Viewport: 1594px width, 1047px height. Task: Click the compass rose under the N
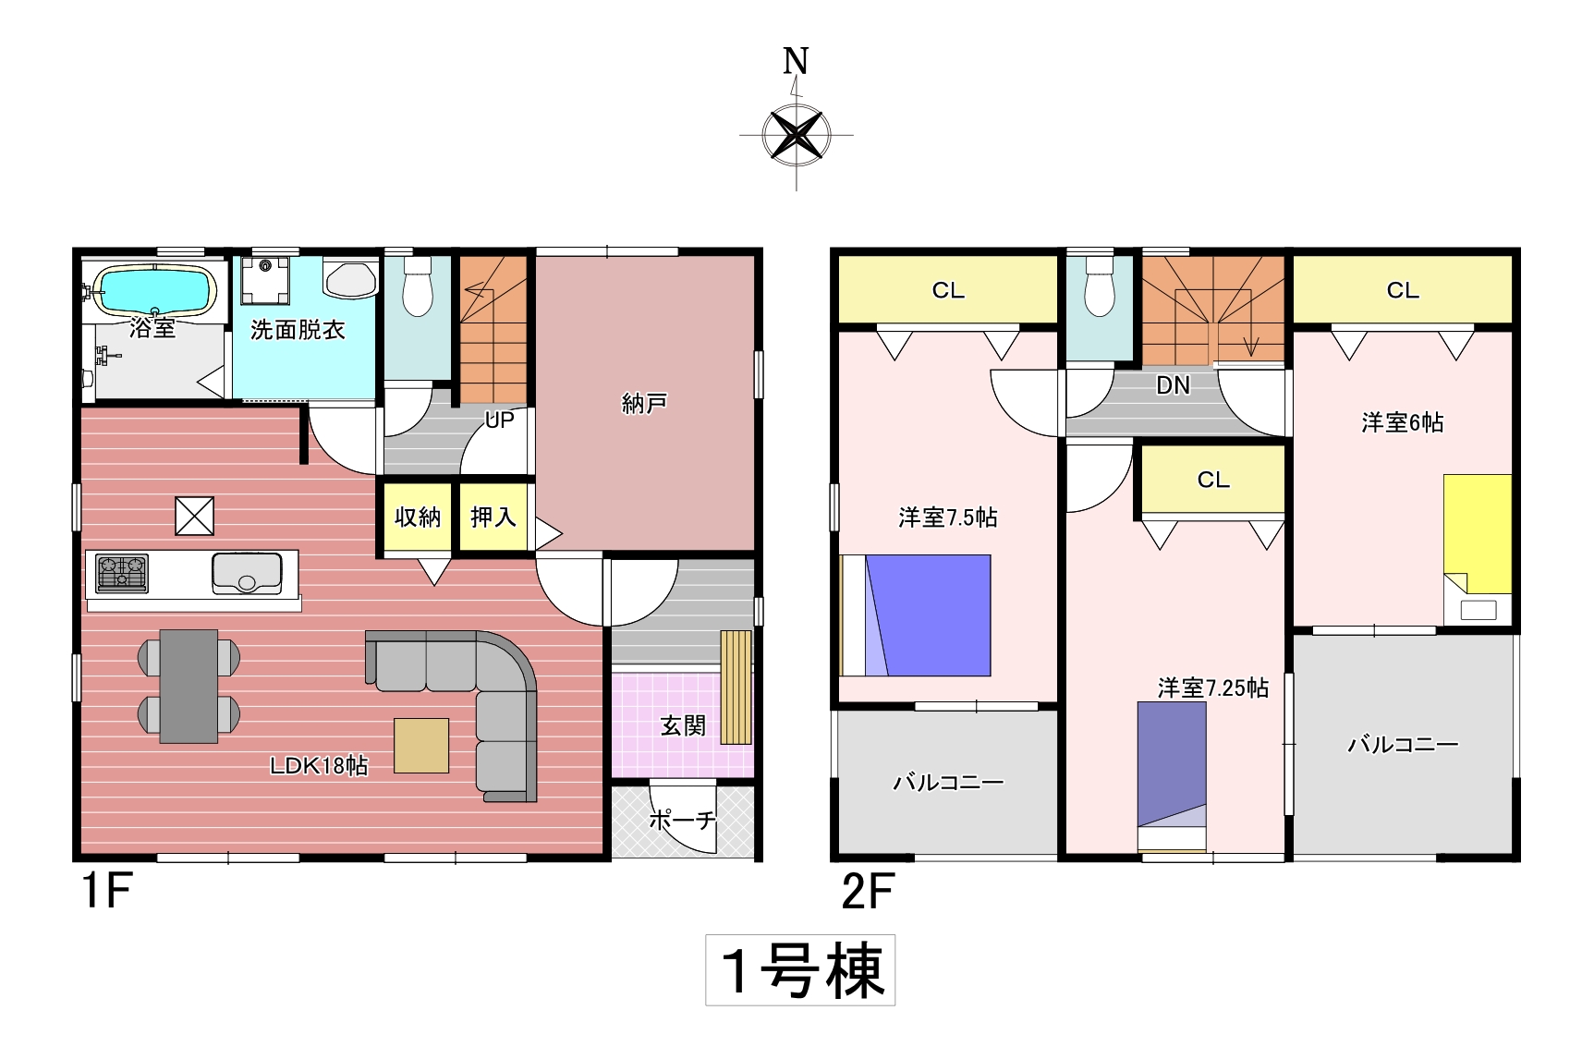pyautogui.click(x=796, y=134)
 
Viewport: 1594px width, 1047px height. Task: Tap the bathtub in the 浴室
pyautogui.click(x=155, y=290)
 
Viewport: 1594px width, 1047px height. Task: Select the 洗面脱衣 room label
pyautogui.click(x=298, y=330)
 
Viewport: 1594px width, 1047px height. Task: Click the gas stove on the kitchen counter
pyautogui.click(x=122, y=574)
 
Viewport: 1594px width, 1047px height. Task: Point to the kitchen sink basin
pyautogui.click(x=247, y=573)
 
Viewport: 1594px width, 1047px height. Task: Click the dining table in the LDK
pyautogui.click(x=189, y=686)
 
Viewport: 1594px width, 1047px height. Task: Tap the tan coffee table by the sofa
pyautogui.click(x=421, y=745)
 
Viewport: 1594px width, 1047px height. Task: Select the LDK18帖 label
pyautogui.click(x=319, y=765)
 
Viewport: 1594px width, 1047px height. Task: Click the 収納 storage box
pyautogui.click(x=418, y=517)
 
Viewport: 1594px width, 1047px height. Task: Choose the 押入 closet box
pyautogui.click(x=493, y=517)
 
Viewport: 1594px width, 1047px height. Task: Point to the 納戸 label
pyautogui.click(x=644, y=404)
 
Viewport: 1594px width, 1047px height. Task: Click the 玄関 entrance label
pyautogui.click(x=683, y=726)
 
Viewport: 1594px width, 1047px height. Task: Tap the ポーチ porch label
pyautogui.click(x=683, y=820)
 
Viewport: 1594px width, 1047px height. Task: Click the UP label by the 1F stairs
pyautogui.click(x=500, y=420)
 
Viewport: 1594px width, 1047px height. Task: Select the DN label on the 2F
pyautogui.click(x=1174, y=385)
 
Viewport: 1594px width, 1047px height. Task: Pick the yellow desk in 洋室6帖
pyautogui.click(x=1478, y=534)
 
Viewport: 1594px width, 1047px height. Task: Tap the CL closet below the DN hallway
pyautogui.click(x=1213, y=480)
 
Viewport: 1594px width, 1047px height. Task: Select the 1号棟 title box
pyautogui.click(x=800, y=970)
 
